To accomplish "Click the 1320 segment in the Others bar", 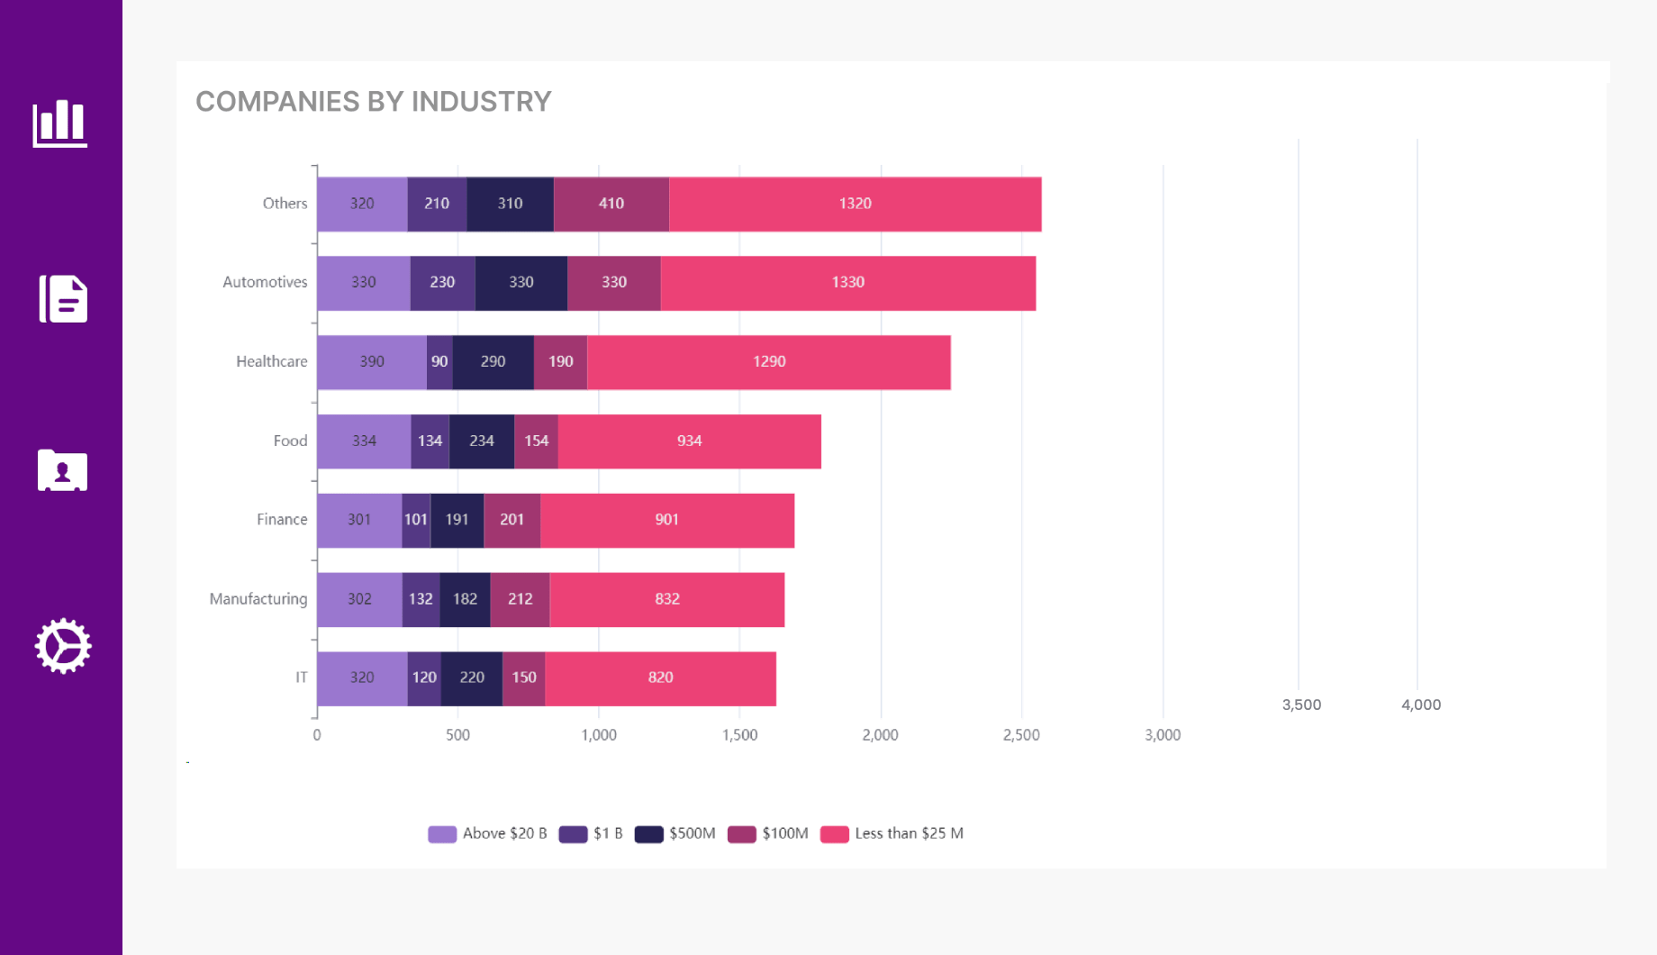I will click(855, 204).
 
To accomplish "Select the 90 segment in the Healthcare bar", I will click(439, 362).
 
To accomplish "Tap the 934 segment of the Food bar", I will click(689, 441).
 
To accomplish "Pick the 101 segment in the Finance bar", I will click(416, 520).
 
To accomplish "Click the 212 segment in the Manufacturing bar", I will click(520, 599).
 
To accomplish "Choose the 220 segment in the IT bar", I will click(472, 678).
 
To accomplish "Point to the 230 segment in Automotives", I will click(442, 283).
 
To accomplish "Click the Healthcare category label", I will click(271, 362).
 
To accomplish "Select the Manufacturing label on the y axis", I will click(258, 599).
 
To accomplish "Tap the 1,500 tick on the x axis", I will click(739, 735).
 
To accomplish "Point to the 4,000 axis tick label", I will click(1420, 705).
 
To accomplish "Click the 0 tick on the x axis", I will click(317, 735).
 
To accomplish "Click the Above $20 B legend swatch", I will click(442, 834).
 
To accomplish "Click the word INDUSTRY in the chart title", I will click(481, 102).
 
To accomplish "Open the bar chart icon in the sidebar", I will click(60, 123).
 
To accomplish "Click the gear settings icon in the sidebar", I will click(63, 646).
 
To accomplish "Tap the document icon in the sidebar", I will click(63, 299).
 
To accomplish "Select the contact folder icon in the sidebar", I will click(62, 470).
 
